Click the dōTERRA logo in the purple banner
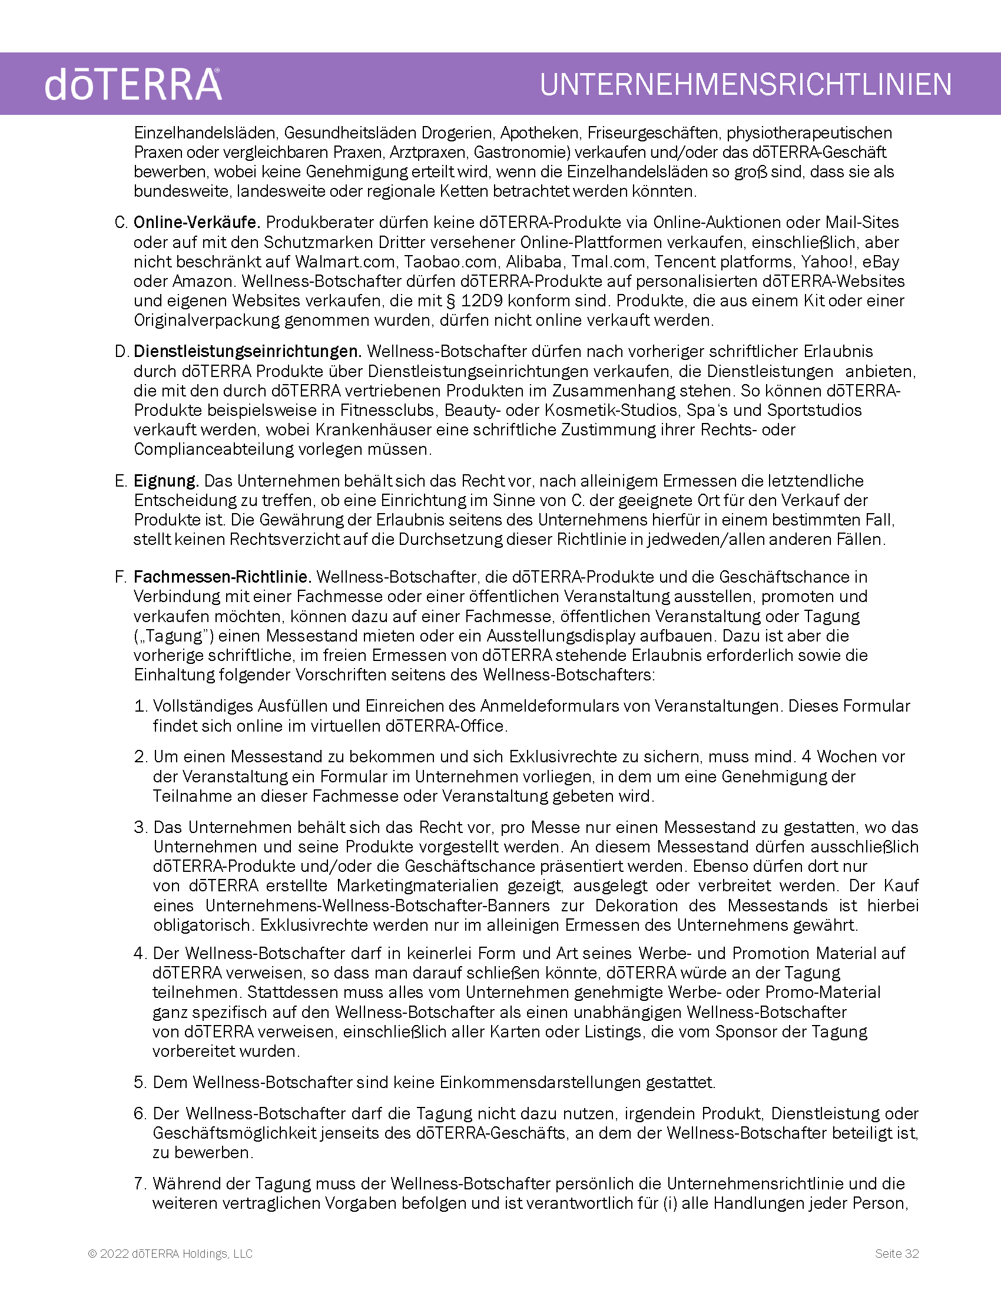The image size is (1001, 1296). [x=133, y=84]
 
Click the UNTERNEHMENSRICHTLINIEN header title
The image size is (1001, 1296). [x=745, y=84]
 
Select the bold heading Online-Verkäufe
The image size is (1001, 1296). [x=197, y=223]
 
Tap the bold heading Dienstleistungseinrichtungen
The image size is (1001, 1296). [x=247, y=351]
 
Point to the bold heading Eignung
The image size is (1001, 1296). [x=166, y=481]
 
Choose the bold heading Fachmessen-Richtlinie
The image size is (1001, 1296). [x=223, y=577]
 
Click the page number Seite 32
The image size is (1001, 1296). [x=897, y=1253]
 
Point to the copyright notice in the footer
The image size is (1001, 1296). [x=170, y=1253]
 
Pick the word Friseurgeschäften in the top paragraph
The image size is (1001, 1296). [x=652, y=133]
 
